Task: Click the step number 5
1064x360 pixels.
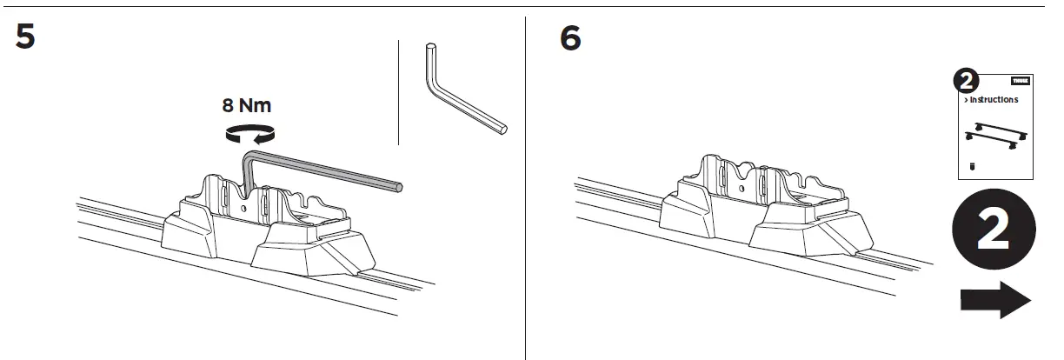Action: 25,37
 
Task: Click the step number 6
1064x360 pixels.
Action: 570,37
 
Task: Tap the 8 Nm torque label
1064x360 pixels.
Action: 247,106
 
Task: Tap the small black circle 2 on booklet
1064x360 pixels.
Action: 966,83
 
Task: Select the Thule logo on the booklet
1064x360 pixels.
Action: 1020,79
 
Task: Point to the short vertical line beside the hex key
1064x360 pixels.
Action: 397,91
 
